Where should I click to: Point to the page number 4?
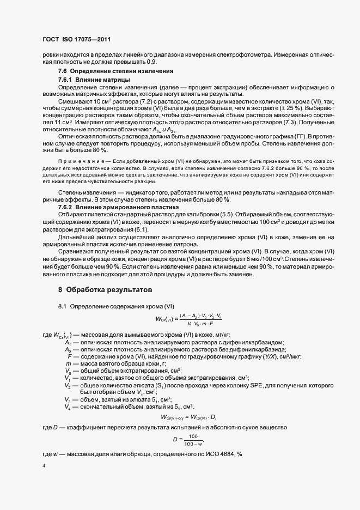(x=44, y=467)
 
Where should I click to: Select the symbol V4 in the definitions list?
(x=68, y=391)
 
